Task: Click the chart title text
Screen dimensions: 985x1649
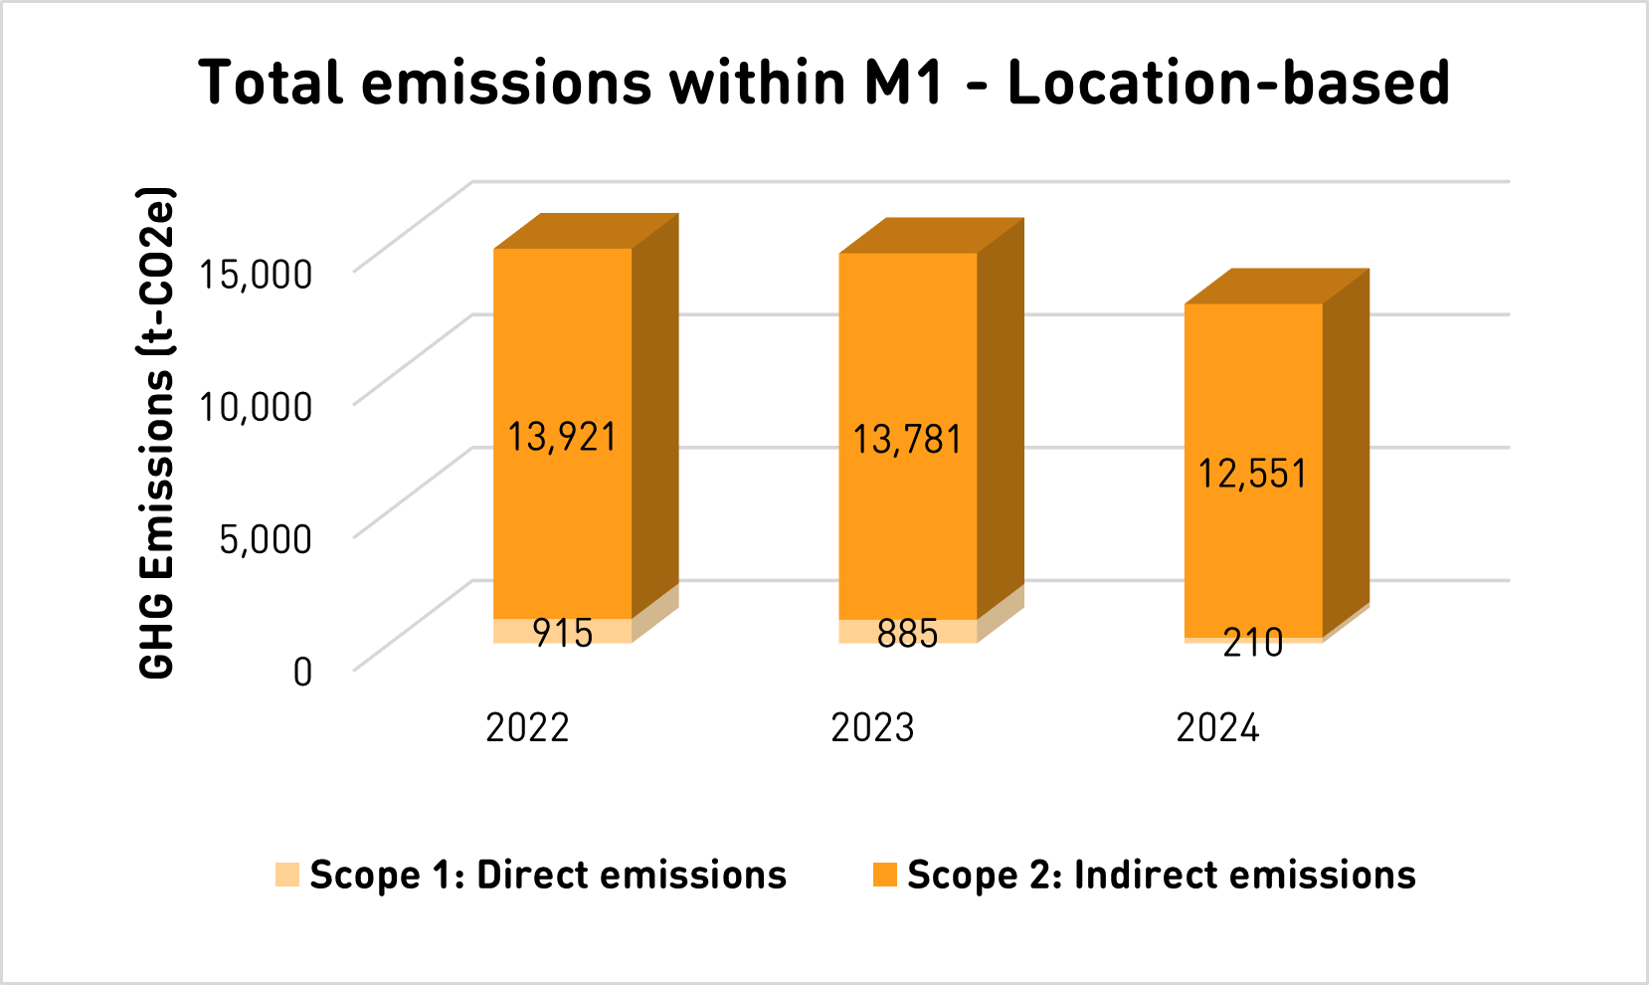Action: (824, 82)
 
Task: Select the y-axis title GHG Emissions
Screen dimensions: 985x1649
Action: (157, 433)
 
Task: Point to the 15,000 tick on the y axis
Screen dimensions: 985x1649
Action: (256, 273)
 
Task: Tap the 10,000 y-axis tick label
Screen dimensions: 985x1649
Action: (256, 406)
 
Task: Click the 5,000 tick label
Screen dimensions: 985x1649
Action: (266, 538)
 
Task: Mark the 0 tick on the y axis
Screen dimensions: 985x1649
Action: (302, 672)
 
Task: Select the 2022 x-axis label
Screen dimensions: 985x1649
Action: (527, 728)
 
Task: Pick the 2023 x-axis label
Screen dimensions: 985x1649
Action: (872, 728)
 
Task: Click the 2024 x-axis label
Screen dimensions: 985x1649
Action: (1217, 728)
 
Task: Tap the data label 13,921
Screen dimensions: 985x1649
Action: (562, 437)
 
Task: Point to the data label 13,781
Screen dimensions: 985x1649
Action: (907, 440)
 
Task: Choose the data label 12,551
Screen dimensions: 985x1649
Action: (1252, 474)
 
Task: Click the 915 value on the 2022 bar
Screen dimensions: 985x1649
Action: (562, 633)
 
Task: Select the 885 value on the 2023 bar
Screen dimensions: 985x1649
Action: (907, 633)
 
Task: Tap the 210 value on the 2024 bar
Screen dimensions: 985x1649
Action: (1252, 643)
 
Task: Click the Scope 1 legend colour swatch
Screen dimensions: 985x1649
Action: (287, 875)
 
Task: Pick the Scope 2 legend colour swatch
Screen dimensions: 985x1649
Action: (884, 875)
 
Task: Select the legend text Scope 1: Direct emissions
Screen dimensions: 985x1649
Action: (548, 875)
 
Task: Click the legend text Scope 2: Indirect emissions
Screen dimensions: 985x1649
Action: (1161, 875)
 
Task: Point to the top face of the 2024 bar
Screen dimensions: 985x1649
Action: (1278, 286)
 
